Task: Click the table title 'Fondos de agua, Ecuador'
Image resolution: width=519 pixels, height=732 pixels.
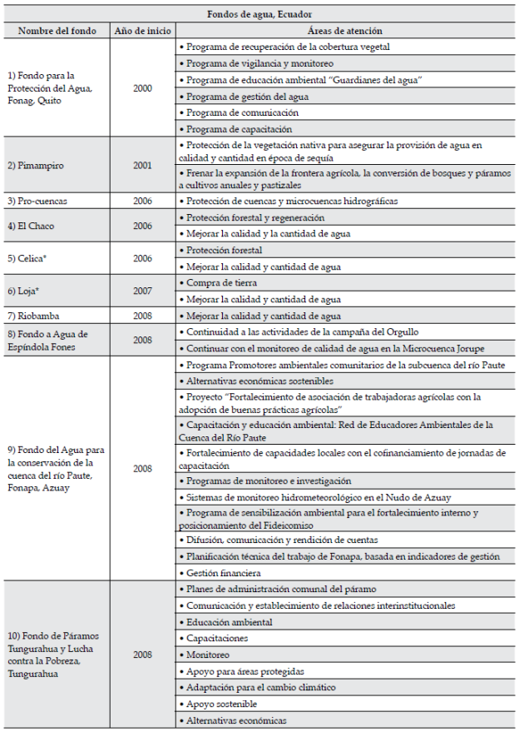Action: point(260,15)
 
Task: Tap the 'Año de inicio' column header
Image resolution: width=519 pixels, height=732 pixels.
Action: point(142,31)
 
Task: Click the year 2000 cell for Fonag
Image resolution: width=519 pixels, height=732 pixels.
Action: point(142,88)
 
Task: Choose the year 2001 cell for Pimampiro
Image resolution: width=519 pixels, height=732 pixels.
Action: point(142,166)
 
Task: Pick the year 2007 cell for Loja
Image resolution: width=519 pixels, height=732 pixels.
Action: point(142,291)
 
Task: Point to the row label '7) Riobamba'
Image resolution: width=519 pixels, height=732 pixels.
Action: point(33,316)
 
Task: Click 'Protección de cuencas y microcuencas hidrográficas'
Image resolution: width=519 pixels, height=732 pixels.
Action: point(293,201)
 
